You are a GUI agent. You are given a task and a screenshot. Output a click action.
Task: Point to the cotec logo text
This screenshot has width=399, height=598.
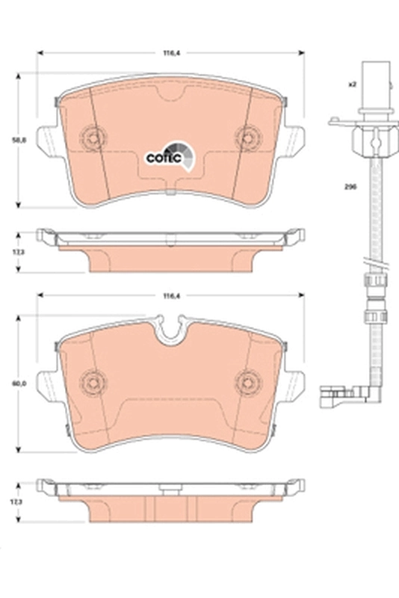160,157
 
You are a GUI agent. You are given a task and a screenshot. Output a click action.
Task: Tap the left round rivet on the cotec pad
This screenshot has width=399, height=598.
93,137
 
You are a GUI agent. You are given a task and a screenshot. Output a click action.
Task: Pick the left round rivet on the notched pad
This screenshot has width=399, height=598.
93,380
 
